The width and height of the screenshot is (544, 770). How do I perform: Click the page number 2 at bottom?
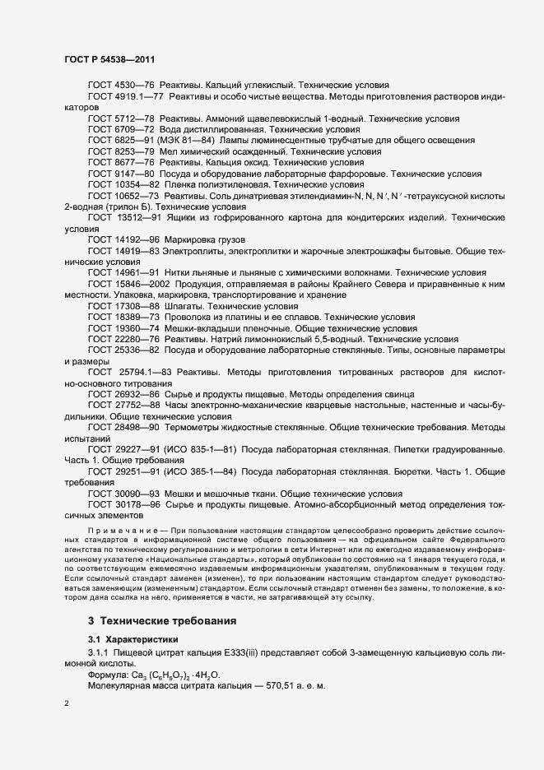(x=67, y=704)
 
